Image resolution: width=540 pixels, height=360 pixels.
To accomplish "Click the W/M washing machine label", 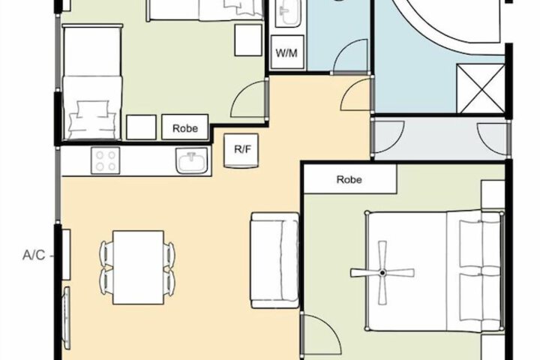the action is [x=286, y=53].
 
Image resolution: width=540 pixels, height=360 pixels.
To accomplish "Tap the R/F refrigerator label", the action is [x=242, y=149].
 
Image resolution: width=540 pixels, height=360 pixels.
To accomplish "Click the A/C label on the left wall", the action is [x=34, y=255].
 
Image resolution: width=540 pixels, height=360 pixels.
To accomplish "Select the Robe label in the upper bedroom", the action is [x=185, y=128].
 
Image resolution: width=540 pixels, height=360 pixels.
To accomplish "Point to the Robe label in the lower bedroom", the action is [x=349, y=179].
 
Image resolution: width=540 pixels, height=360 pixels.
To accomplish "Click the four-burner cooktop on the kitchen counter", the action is [x=106, y=160].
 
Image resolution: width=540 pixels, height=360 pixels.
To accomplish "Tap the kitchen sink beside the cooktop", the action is [x=192, y=160].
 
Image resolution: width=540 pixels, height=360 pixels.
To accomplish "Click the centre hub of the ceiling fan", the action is [x=382, y=273].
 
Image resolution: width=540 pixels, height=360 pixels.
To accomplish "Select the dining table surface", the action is [x=138, y=267].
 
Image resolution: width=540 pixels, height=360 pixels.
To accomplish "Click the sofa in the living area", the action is [x=274, y=260].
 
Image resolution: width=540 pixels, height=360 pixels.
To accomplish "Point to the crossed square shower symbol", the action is [x=481, y=88].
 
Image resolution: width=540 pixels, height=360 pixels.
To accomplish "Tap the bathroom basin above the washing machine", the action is [x=288, y=13].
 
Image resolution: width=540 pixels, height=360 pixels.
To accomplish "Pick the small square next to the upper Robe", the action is [x=141, y=127].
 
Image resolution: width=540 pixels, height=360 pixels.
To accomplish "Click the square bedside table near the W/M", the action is [x=248, y=40].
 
